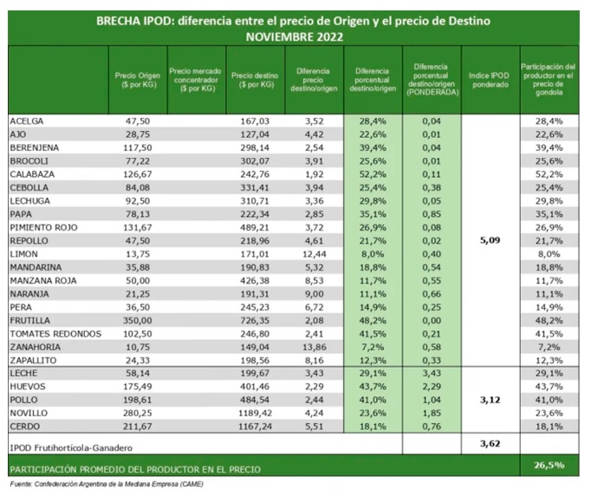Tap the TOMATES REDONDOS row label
click(x=55, y=334)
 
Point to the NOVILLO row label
click(x=29, y=414)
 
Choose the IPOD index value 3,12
click(x=491, y=400)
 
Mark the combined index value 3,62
click(x=491, y=444)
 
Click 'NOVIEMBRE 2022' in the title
click(x=295, y=36)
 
